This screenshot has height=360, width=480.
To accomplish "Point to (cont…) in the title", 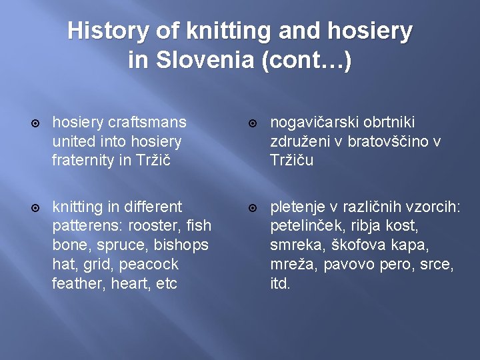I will [307, 61].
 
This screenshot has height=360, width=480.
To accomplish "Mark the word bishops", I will [181, 245].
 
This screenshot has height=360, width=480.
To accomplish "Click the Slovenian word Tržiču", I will [291, 161].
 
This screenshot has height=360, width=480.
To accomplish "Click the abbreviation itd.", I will [281, 283].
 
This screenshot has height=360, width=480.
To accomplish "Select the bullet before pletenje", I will [253, 208].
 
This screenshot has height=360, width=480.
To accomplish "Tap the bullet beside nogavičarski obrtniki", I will [253, 123].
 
